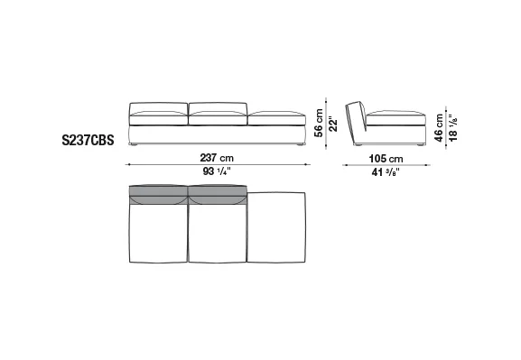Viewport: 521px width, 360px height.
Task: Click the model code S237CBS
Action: (x=88, y=140)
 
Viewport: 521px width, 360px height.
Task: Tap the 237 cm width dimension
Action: (x=217, y=158)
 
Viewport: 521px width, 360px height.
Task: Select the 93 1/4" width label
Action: (x=217, y=171)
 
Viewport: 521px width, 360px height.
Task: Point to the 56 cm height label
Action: (x=319, y=123)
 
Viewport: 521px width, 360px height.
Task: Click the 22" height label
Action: (x=332, y=124)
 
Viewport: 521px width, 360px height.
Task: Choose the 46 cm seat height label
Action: (x=439, y=128)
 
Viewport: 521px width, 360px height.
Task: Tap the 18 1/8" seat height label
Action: (x=453, y=128)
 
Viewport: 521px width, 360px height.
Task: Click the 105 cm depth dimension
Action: (x=386, y=159)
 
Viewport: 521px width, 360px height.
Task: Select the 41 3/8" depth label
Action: (x=386, y=172)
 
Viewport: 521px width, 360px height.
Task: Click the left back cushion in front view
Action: (x=158, y=108)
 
